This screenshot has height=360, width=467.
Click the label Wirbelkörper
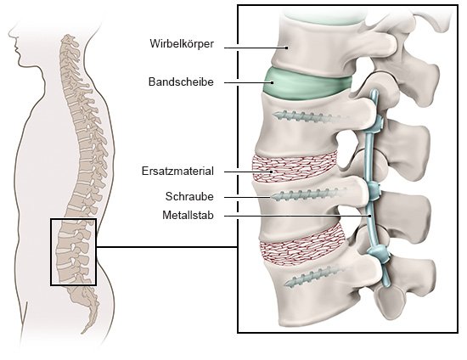click(182, 44)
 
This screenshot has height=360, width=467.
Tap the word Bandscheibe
click(181, 82)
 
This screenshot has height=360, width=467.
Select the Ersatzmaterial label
click(177, 172)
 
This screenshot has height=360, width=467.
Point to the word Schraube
click(189, 196)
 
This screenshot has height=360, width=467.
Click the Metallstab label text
click(188, 215)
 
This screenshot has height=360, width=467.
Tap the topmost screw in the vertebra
click(306, 117)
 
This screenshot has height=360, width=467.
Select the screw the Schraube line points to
click(307, 194)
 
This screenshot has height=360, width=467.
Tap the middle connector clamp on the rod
click(374, 190)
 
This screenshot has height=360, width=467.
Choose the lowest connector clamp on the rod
click(379, 253)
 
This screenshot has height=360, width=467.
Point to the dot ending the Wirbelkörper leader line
click(287, 48)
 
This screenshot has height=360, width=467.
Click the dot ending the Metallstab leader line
click(369, 216)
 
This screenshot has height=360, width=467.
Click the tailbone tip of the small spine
click(82, 332)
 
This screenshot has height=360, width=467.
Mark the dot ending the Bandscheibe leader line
click(273, 82)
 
